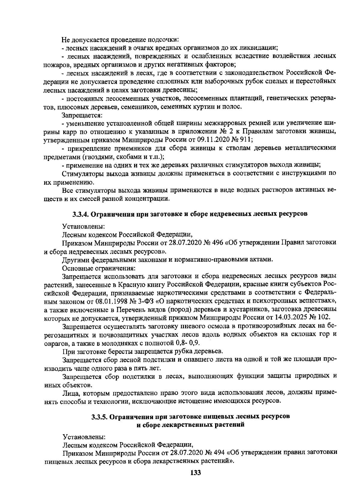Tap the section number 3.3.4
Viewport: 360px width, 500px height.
tap(80, 214)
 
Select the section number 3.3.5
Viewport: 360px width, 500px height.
tap(99, 417)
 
